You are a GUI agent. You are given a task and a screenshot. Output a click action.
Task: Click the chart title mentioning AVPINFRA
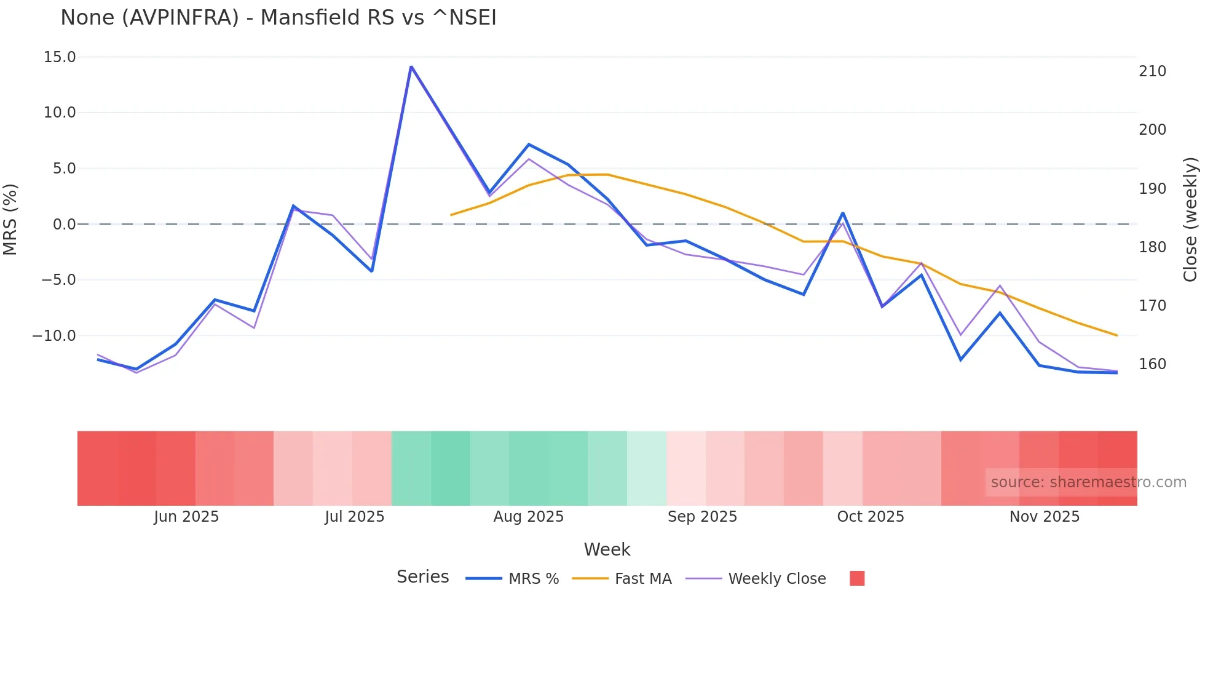pos(278,18)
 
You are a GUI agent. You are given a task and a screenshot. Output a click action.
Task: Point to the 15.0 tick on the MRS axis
pos(60,57)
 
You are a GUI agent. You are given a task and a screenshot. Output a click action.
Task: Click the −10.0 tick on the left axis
pos(54,336)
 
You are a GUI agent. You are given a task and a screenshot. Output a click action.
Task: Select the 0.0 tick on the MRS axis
pos(64,225)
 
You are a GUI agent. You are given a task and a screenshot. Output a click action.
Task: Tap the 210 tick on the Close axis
pos(1152,71)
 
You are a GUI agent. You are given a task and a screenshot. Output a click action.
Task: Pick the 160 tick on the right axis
pos(1152,364)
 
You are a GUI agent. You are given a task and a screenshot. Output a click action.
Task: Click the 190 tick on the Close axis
pos(1152,189)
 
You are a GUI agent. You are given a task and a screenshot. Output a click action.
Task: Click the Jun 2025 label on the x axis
pos(186,517)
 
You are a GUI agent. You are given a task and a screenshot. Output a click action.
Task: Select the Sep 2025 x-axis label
pos(702,517)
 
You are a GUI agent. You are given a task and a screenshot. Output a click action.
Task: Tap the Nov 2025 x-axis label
pos(1045,517)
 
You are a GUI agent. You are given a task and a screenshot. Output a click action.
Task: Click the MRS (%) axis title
pos(10,220)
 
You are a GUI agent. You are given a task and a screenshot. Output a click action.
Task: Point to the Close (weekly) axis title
pos(1191,220)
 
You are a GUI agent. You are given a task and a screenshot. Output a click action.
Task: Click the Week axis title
pos(607,549)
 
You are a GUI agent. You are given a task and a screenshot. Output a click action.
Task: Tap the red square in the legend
pos(857,578)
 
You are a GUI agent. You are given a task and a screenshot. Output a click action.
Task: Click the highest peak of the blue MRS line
pos(411,66)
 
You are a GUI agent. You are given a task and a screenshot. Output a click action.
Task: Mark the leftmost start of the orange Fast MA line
pos(451,215)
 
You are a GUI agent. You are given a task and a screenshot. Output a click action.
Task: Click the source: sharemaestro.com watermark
pos(1088,482)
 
